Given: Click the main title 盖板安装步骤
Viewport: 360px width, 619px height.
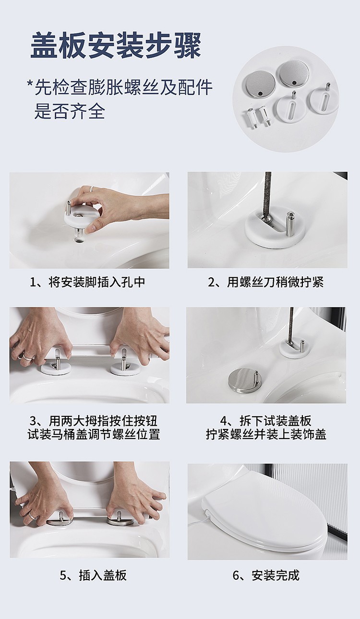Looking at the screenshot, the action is coord(116,45).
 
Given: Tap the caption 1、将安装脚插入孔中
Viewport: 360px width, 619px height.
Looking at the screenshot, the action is coord(88,283).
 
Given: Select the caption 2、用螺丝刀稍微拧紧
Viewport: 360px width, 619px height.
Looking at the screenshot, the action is coord(266,283).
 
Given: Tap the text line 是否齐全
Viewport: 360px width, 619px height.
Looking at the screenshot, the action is coord(70,111).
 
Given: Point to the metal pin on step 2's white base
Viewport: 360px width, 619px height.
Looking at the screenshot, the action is coord(289,219).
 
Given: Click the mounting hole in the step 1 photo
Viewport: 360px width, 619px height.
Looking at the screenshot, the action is coord(79,239).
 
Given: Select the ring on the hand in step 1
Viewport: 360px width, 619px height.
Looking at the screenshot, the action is coord(92,189).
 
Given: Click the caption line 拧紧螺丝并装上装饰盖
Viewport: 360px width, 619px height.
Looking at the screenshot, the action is coord(266,434).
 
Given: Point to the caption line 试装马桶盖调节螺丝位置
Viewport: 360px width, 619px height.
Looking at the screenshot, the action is coord(94,434).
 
